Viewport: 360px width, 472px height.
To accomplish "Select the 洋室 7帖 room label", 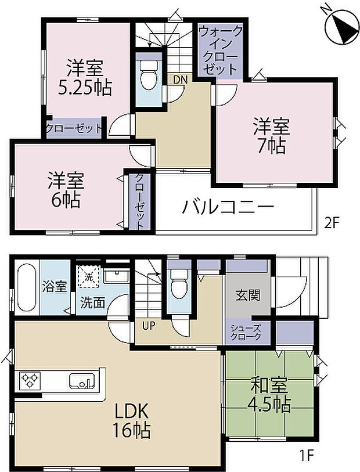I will [x=270, y=136].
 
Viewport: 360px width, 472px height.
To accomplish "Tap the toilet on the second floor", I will [x=149, y=75].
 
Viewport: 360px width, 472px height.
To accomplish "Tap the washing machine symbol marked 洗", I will [x=89, y=277].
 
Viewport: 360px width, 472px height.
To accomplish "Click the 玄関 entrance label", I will [x=243, y=295].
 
